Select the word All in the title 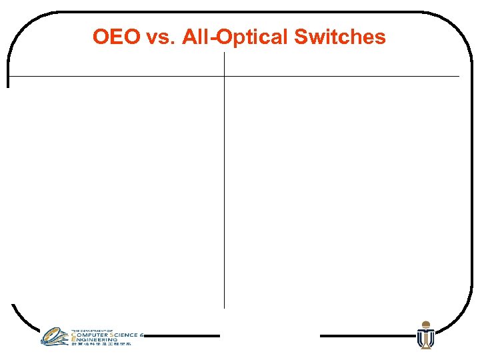tap(194, 37)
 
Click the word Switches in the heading tap(339, 37)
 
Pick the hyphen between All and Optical tap(213, 39)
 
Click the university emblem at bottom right tap(425, 335)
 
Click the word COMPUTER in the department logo tap(91, 335)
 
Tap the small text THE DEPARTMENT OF tap(87, 330)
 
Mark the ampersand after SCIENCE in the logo tap(142, 335)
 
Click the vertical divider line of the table tap(225, 200)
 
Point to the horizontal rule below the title tap(333, 77)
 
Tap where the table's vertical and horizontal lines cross tap(225, 77)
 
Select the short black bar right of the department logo tap(181, 336)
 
